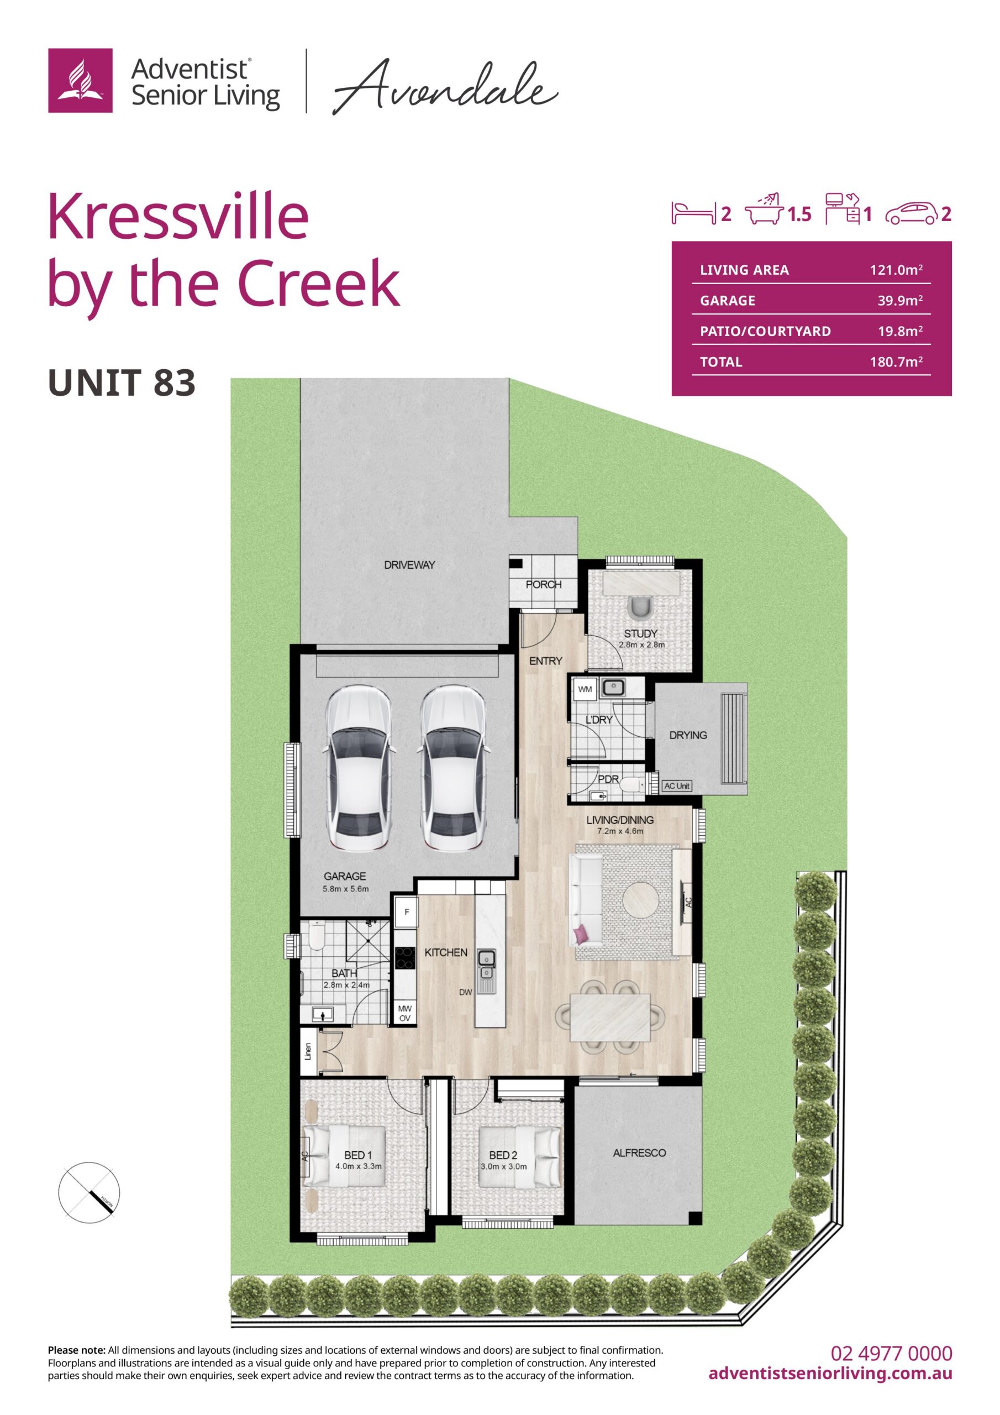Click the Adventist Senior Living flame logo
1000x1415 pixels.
[x=80, y=80]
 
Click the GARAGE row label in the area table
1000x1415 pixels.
[x=728, y=301]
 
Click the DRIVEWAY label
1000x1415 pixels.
[x=409, y=564]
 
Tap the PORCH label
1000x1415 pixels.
[x=544, y=584]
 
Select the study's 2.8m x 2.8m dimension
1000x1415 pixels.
[x=641, y=644]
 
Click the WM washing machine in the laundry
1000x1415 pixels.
[x=585, y=689]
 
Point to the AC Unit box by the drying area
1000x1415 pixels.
[x=677, y=786]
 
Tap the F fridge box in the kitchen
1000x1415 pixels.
[x=407, y=911]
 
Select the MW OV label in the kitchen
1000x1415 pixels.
[x=405, y=1013]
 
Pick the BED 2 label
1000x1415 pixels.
[x=503, y=1155]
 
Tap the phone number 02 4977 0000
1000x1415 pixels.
[x=891, y=1354]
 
